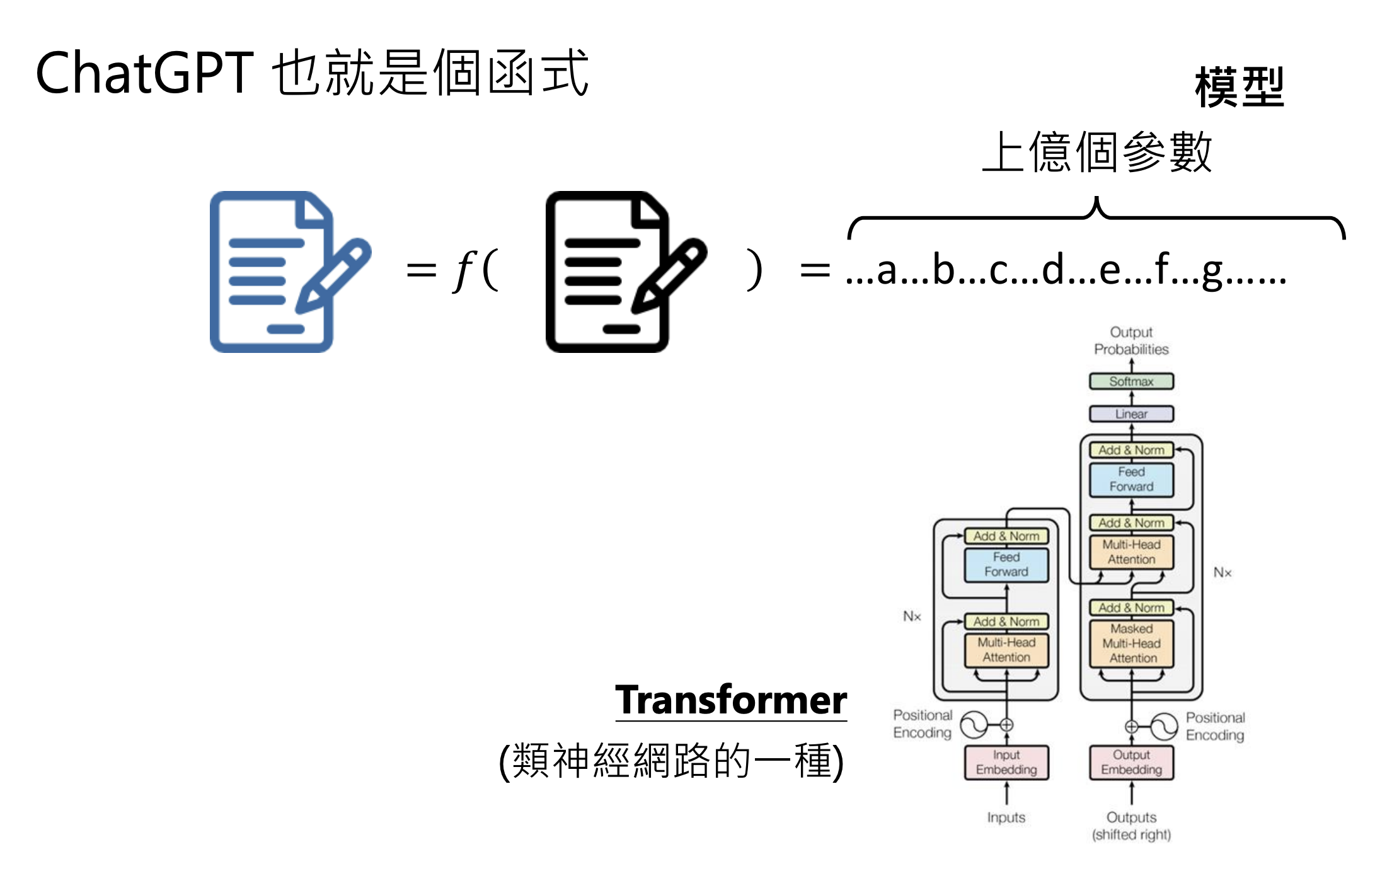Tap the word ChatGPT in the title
[x=144, y=73]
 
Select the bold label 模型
[x=1239, y=87]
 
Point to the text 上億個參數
[x=1097, y=152]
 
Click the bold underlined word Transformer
[x=731, y=700]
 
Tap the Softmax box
[x=1131, y=381]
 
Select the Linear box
[x=1131, y=414]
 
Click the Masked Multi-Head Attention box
[x=1131, y=643]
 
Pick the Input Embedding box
[x=1006, y=762]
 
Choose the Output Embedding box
[x=1131, y=762]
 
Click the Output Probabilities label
[x=1131, y=340]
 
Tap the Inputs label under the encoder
[x=1006, y=817]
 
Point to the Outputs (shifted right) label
[x=1131, y=826]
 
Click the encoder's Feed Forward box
[x=1006, y=565]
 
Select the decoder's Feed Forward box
[x=1131, y=479]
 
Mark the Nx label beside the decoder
[x=1223, y=572]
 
